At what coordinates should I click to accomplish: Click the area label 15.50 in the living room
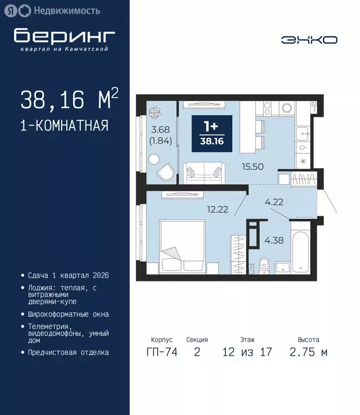254,167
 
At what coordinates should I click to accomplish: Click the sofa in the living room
203,173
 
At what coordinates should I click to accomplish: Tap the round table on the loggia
154,159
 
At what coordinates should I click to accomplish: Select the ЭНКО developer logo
309,39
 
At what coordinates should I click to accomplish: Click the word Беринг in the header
64,36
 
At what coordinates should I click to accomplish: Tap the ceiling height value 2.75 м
308,353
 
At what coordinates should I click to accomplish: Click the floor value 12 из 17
247,353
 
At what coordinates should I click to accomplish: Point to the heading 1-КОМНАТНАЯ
64,126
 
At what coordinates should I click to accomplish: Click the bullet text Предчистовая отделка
68,352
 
